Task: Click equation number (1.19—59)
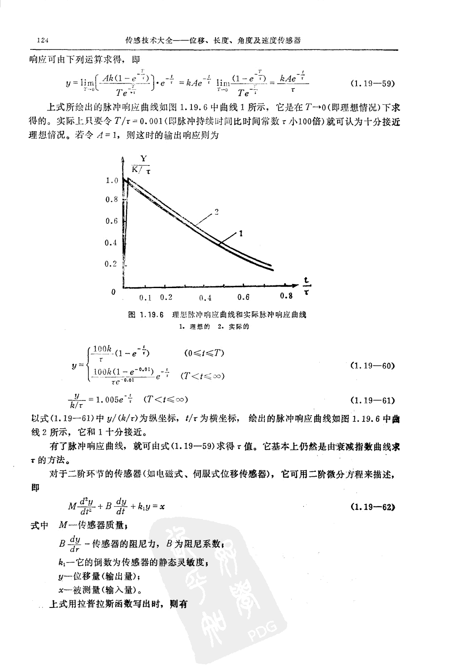tap(373, 84)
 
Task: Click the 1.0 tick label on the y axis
tap(112, 181)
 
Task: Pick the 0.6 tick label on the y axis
tap(112, 221)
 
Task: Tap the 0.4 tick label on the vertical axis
tap(112, 243)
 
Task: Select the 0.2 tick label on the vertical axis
tap(112, 264)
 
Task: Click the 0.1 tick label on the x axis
tap(145, 298)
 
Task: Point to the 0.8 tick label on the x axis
tap(286, 297)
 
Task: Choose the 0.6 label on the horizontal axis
tap(244, 297)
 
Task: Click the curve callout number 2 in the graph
tap(217, 211)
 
